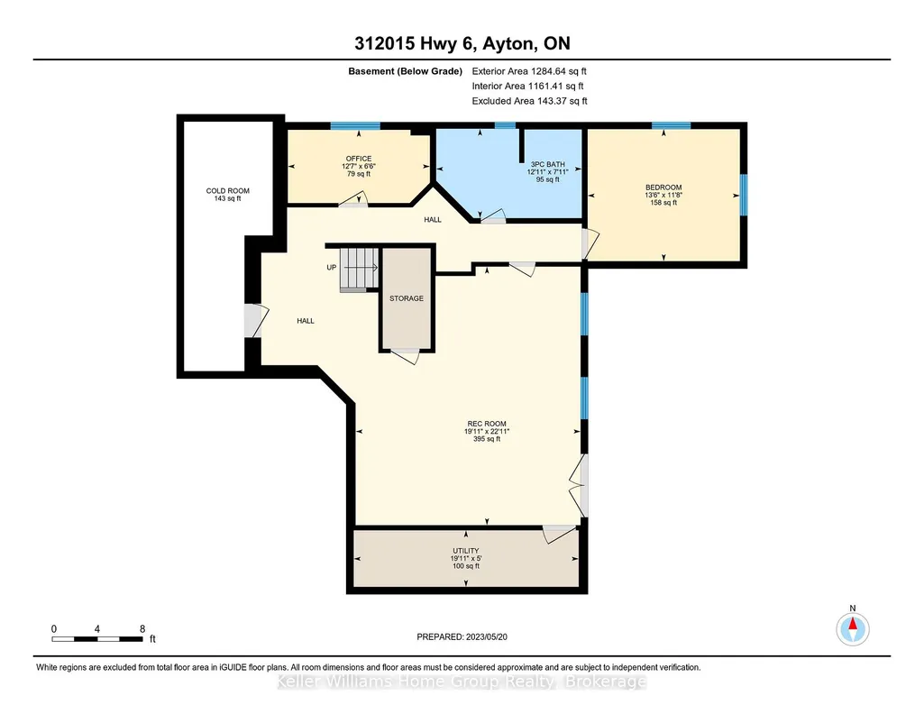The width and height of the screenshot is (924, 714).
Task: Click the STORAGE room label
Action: (x=407, y=298)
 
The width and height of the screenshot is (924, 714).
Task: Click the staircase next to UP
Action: (x=359, y=270)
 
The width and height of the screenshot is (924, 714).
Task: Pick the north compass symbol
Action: (x=853, y=629)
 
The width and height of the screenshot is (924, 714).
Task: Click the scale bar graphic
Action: (x=97, y=639)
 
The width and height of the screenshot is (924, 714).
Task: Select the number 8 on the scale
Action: (x=142, y=628)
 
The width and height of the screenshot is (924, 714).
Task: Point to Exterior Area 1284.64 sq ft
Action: (x=529, y=71)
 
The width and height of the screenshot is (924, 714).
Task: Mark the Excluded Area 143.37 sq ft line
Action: (x=530, y=101)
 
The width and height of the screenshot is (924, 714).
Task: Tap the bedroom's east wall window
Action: (x=744, y=195)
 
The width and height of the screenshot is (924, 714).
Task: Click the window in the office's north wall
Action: (x=355, y=125)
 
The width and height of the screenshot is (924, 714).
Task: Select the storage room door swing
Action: (x=406, y=356)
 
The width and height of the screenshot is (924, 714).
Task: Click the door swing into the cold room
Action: (x=256, y=321)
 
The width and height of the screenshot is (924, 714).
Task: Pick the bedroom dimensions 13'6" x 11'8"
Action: (x=663, y=195)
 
